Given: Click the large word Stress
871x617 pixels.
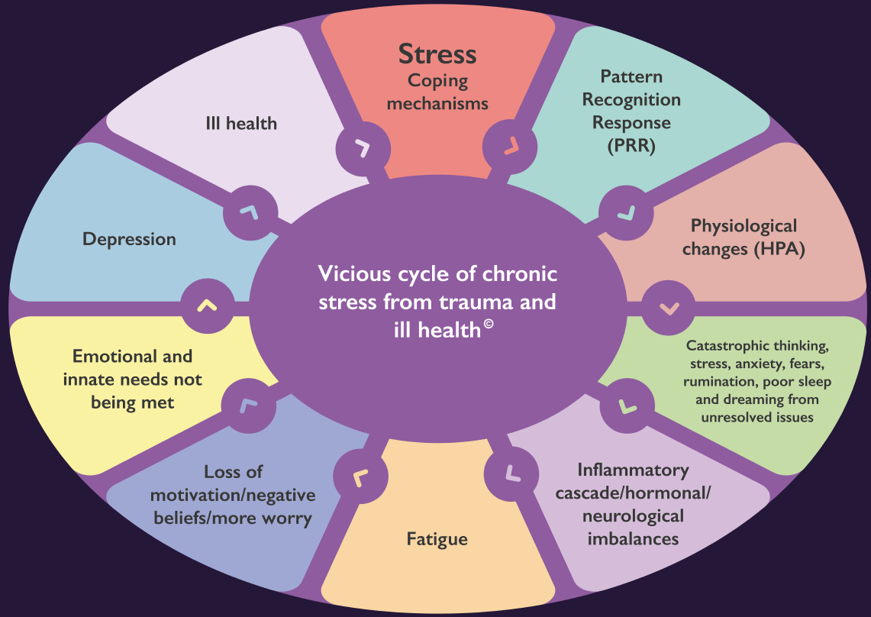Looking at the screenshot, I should coord(437,55).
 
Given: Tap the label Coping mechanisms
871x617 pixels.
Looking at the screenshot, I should coord(437,92).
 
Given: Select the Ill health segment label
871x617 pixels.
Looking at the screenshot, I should coord(241,123).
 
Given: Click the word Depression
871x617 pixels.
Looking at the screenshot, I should coord(129,239).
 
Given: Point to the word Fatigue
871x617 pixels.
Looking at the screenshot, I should coord(437,539).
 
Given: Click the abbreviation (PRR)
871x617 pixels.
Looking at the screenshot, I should coord(631,146).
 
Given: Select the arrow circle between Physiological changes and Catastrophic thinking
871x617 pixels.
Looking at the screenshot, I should coord(669,308).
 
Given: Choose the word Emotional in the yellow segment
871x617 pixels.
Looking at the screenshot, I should coord(108,357).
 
